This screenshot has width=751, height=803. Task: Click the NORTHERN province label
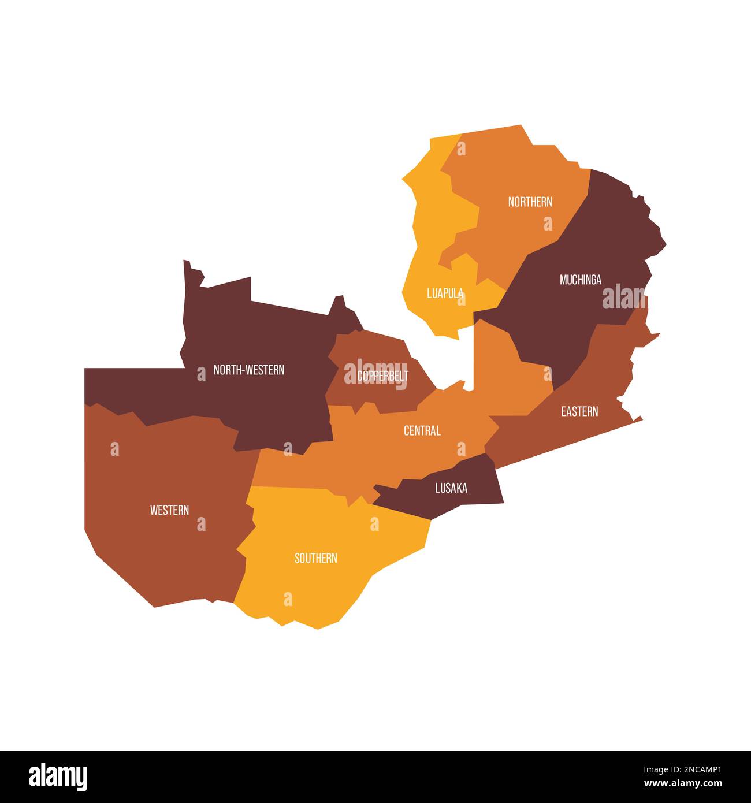click(530, 202)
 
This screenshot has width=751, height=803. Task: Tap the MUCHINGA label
click(580, 280)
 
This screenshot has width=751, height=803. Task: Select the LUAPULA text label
click(445, 293)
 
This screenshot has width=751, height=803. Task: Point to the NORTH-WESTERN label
click(248, 370)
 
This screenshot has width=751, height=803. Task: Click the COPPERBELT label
click(382, 376)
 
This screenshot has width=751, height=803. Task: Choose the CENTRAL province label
click(422, 430)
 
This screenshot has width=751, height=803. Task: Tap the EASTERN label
click(579, 411)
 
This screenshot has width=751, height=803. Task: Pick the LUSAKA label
click(451, 488)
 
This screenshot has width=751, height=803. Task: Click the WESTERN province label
click(169, 510)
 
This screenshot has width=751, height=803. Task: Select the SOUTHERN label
click(315, 558)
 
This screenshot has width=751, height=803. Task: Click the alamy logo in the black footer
click(58, 777)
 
